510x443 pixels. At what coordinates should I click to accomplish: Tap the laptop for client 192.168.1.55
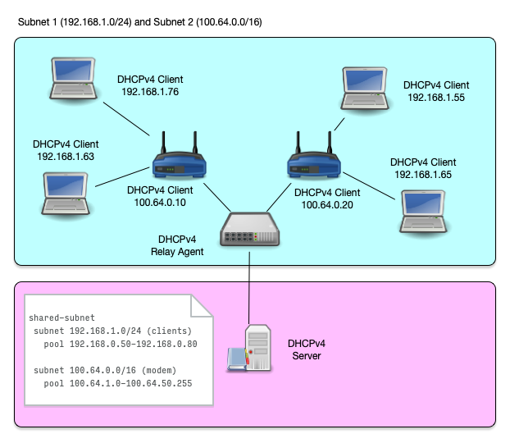click(x=367, y=89)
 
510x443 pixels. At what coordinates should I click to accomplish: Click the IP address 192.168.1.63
click(x=65, y=155)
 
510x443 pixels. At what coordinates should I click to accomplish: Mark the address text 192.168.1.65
click(x=422, y=175)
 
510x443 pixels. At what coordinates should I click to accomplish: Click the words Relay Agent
click(x=177, y=252)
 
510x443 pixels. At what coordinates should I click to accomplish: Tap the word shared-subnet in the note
click(x=62, y=317)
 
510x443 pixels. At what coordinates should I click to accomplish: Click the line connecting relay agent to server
click(x=250, y=283)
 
